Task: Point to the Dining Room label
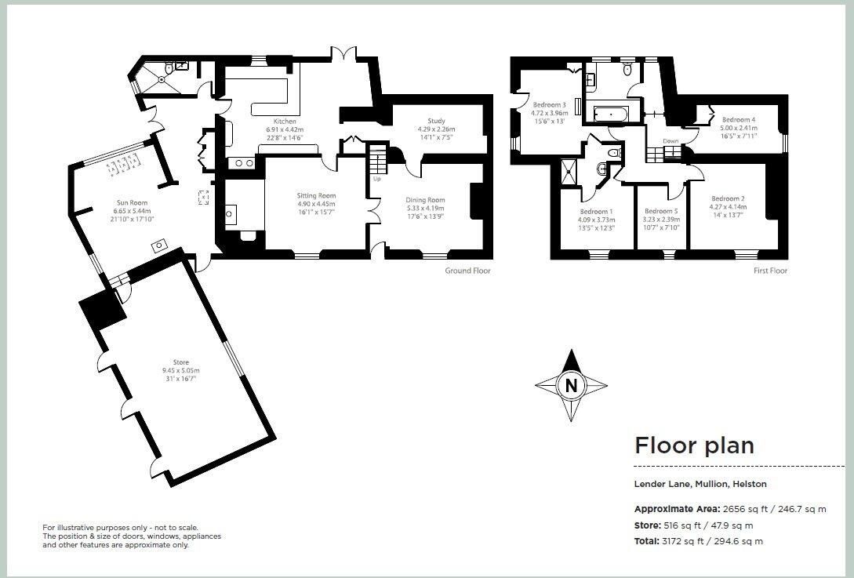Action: point(425,200)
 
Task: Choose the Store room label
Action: point(180,362)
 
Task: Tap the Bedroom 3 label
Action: point(549,104)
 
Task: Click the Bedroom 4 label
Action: point(738,120)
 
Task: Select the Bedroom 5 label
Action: point(660,211)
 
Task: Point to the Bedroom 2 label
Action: point(728,199)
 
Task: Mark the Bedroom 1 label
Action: point(596,211)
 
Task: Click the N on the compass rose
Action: point(571,385)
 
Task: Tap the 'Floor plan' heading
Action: point(694,445)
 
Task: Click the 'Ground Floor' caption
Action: point(468,271)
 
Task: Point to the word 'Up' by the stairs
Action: point(376,179)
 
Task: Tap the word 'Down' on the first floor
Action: point(670,141)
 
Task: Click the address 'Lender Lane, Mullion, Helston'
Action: point(700,484)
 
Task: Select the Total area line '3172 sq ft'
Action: point(698,541)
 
